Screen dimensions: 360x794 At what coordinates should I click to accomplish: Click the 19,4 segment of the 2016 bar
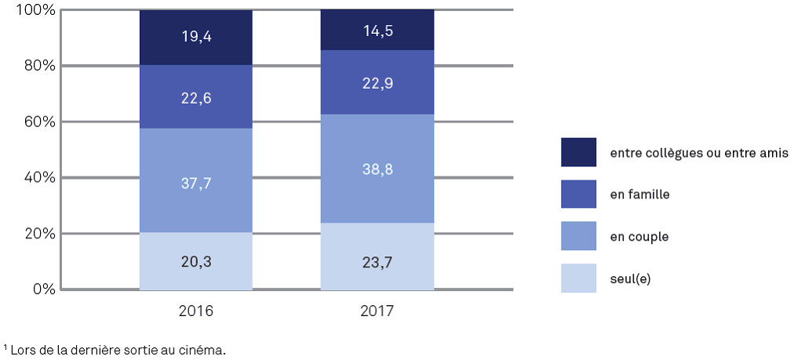coord(195,38)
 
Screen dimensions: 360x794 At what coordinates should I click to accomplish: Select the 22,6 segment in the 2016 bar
coord(195,97)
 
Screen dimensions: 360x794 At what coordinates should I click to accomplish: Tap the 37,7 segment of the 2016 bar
coord(195,182)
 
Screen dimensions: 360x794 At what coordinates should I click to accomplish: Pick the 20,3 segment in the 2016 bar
coord(195,263)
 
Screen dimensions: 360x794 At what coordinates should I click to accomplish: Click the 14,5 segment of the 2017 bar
coord(377,30)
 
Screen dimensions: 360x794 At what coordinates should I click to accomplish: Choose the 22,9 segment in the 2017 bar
coord(377,82)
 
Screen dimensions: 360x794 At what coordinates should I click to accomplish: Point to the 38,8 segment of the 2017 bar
coord(377,169)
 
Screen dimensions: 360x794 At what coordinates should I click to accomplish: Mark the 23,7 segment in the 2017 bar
coord(377,257)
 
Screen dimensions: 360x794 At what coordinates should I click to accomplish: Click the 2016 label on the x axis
coord(196,311)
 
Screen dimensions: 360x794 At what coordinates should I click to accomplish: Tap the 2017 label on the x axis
coord(377,311)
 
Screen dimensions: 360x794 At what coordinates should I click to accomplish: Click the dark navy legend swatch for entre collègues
coord(578,152)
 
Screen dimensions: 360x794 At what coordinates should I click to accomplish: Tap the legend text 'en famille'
coord(639,194)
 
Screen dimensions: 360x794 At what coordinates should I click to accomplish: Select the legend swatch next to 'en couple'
coord(578,235)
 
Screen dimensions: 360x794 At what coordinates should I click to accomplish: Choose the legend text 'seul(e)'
coord(630,278)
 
